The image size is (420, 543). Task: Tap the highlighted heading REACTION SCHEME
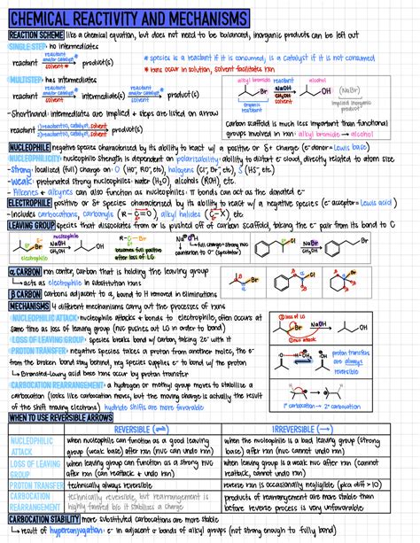[35, 35]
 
